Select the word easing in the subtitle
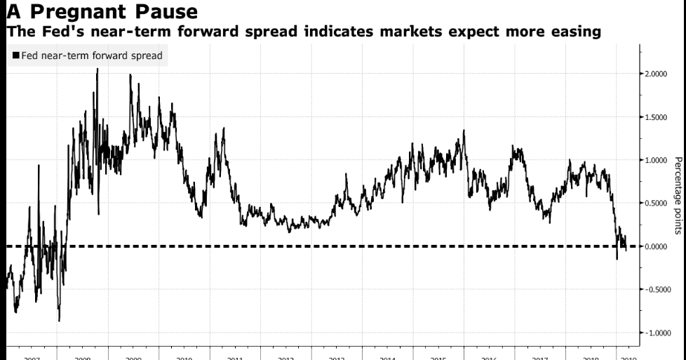tap(574, 32)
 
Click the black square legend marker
tap(15, 55)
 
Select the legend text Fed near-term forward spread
tap(91, 55)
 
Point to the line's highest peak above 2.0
tap(97, 69)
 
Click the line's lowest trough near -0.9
tap(59, 320)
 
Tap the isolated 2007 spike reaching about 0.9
tap(39, 166)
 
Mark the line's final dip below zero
tap(617, 258)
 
